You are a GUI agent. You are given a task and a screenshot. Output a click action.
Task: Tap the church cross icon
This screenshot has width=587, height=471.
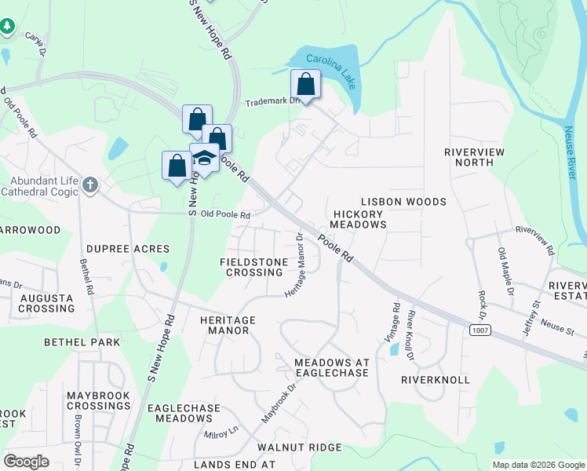pos(90,185)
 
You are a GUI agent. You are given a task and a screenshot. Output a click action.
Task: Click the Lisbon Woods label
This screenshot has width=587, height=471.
pos(403,202)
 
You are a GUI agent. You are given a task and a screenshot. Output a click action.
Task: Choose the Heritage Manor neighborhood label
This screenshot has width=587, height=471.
pos(228,325)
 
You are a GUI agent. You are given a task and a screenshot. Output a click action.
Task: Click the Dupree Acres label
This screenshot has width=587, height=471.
pos(128,248)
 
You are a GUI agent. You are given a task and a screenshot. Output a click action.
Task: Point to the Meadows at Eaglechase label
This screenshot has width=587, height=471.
pos(330,367)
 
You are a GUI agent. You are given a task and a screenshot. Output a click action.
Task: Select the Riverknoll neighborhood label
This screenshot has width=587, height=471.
pos(435,379)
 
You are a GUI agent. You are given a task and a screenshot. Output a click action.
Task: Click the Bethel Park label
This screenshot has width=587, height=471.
pos(82,342)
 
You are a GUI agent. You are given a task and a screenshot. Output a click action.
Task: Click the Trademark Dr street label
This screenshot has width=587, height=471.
pos(273,102)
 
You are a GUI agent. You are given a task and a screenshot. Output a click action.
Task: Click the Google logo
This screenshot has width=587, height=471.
pos(26,462)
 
